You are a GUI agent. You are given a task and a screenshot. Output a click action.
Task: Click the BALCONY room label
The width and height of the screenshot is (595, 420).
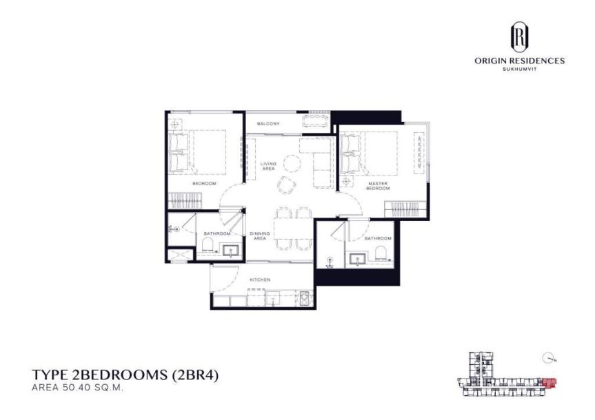pyautogui.click(x=268, y=123)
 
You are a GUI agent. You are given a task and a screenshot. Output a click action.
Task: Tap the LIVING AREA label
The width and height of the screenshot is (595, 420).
pyautogui.click(x=268, y=166)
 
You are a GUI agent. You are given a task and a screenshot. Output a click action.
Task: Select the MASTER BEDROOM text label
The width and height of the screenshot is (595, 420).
pyautogui.click(x=379, y=186)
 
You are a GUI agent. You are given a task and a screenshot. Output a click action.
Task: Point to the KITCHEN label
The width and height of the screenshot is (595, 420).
pyautogui.click(x=260, y=280)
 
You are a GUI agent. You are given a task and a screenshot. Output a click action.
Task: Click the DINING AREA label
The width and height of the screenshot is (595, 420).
pyautogui.click(x=259, y=236)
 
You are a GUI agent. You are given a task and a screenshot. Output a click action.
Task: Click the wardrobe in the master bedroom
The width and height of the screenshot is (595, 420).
pyautogui.click(x=407, y=207)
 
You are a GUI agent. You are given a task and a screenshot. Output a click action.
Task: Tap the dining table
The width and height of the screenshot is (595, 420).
pyautogui.click(x=288, y=228)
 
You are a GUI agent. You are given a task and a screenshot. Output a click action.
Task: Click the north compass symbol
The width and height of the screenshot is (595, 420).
pyautogui.click(x=547, y=357)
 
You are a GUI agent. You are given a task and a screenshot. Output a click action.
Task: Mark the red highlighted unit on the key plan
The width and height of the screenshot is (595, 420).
pyautogui.click(x=548, y=383)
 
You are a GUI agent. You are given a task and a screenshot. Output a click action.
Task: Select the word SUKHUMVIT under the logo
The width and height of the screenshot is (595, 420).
pyautogui.click(x=519, y=69)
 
